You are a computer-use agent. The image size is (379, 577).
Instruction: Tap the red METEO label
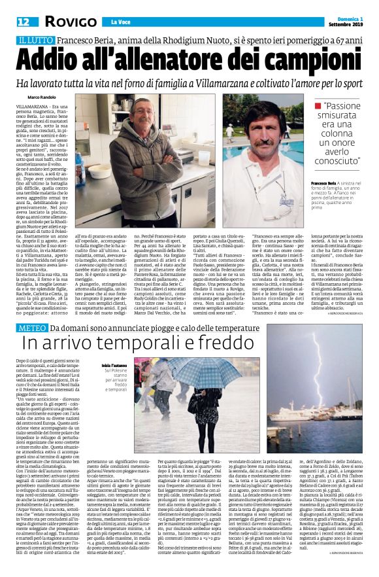32,327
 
